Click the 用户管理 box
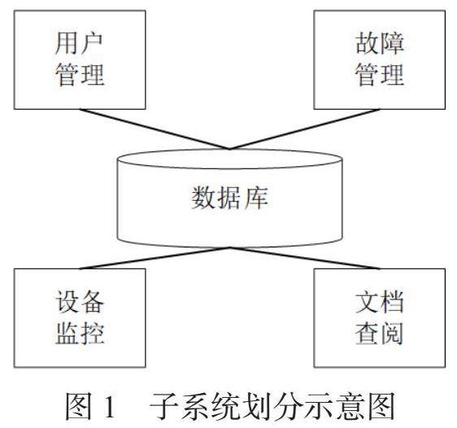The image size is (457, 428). pyautogui.click(x=80, y=59)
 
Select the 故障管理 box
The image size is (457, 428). pyautogui.click(x=380, y=59)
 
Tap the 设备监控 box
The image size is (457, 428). pyautogui.click(x=80, y=318)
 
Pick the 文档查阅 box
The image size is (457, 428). pyautogui.click(x=380, y=318)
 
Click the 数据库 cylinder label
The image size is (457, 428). pyautogui.click(x=229, y=198)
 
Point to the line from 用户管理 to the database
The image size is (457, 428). pyautogui.click(x=155, y=129)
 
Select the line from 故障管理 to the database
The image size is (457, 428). pyautogui.click(x=305, y=129)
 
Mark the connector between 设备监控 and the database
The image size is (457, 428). pyautogui.click(x=155, y=258)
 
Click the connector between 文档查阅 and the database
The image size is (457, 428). pyautogui.click(x=305, y=258)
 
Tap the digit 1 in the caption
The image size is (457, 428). pyautogui.click(x=110, y=405)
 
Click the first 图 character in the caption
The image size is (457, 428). pyautogui.click(x=78, y=405)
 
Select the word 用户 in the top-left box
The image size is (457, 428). pyautogui.click(x=79, y=44)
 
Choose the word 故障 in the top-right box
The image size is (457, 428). pyautogui.click(x=380, y=43)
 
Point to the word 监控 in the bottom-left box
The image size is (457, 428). pyautogui.click(x=80, y=334)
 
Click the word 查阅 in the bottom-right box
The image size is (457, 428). pyautogui.click(x=379, y=334)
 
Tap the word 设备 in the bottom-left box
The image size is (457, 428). pyautogui.click(x=80, y=302)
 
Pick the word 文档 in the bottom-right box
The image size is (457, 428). pyautogui.click(x=380, y=302)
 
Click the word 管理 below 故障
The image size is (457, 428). pyautogui.click(x=380, y=74)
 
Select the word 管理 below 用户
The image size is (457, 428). pyautogui.click(x=80, y=74)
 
